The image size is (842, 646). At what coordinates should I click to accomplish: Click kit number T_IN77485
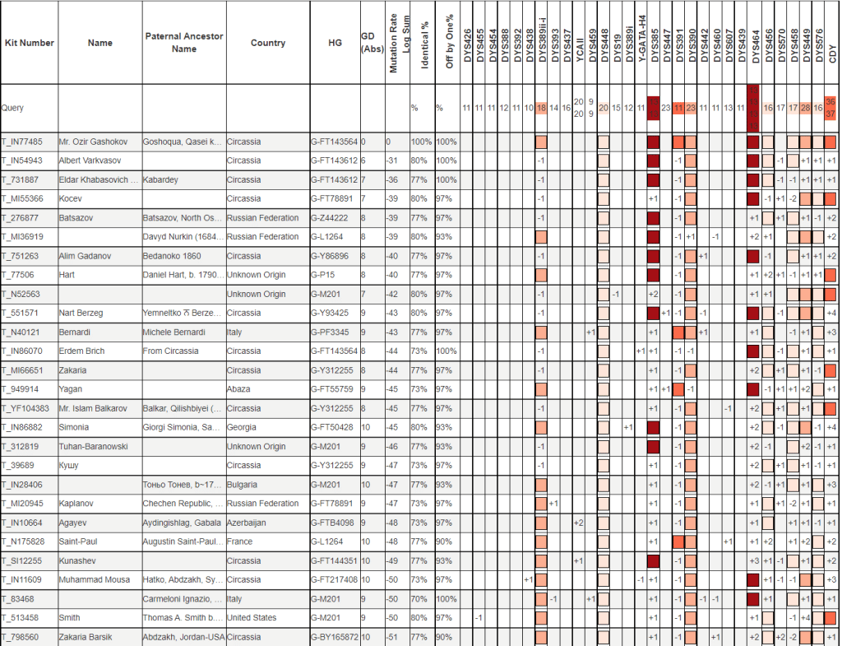[x=22, y=142]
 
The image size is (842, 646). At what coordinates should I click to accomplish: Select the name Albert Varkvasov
[x=90, y=160]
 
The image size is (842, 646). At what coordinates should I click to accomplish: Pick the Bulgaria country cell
[x=242, y=485]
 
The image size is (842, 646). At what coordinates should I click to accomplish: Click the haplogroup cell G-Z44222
[x=331, y=218]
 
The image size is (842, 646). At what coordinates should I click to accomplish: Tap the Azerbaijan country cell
[x=247, y=523]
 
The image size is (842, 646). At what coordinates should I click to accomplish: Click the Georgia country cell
[x=241, y=428]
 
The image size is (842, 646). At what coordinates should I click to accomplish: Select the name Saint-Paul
[x=81, y=541]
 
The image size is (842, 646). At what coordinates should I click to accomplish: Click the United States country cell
[x=251, y=617]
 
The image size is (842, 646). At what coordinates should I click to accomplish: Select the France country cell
[x=239, y=541]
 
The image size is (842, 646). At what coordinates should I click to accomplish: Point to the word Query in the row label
[x=12, y=108]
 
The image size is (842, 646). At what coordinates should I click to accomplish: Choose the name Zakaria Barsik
[x=86, y=637]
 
